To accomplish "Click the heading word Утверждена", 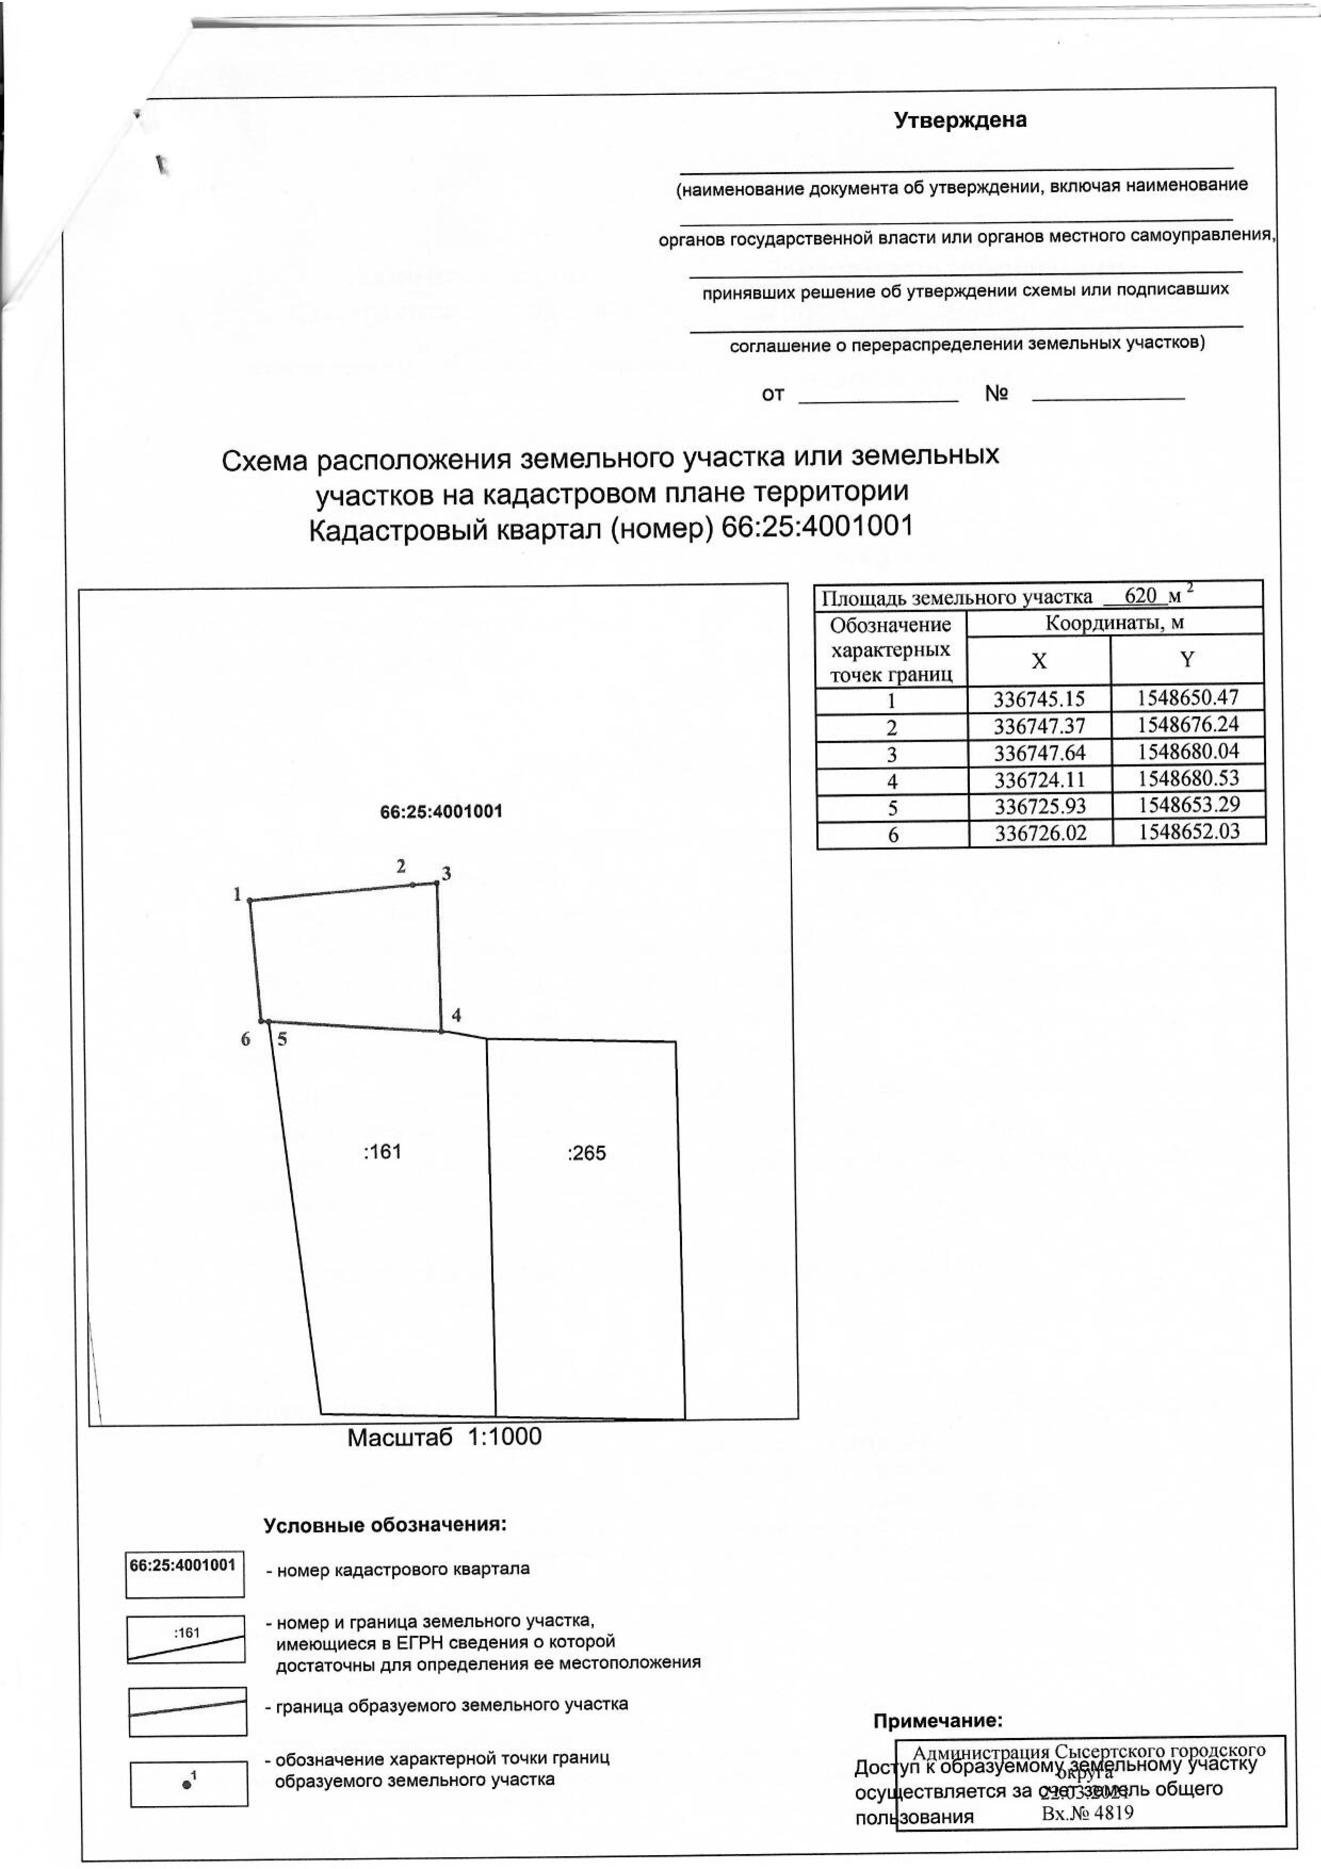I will coord(960,120).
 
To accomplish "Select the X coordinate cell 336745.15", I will coord(1040,698).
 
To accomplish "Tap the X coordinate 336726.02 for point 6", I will coord(1040,834).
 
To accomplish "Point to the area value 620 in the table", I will coord(1140,595).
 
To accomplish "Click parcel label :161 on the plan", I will coord(383,1152).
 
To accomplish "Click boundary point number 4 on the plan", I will coord(456,1015).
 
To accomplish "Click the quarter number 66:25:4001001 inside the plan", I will coord(441,811).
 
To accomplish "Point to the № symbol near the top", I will coord(996,394).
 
